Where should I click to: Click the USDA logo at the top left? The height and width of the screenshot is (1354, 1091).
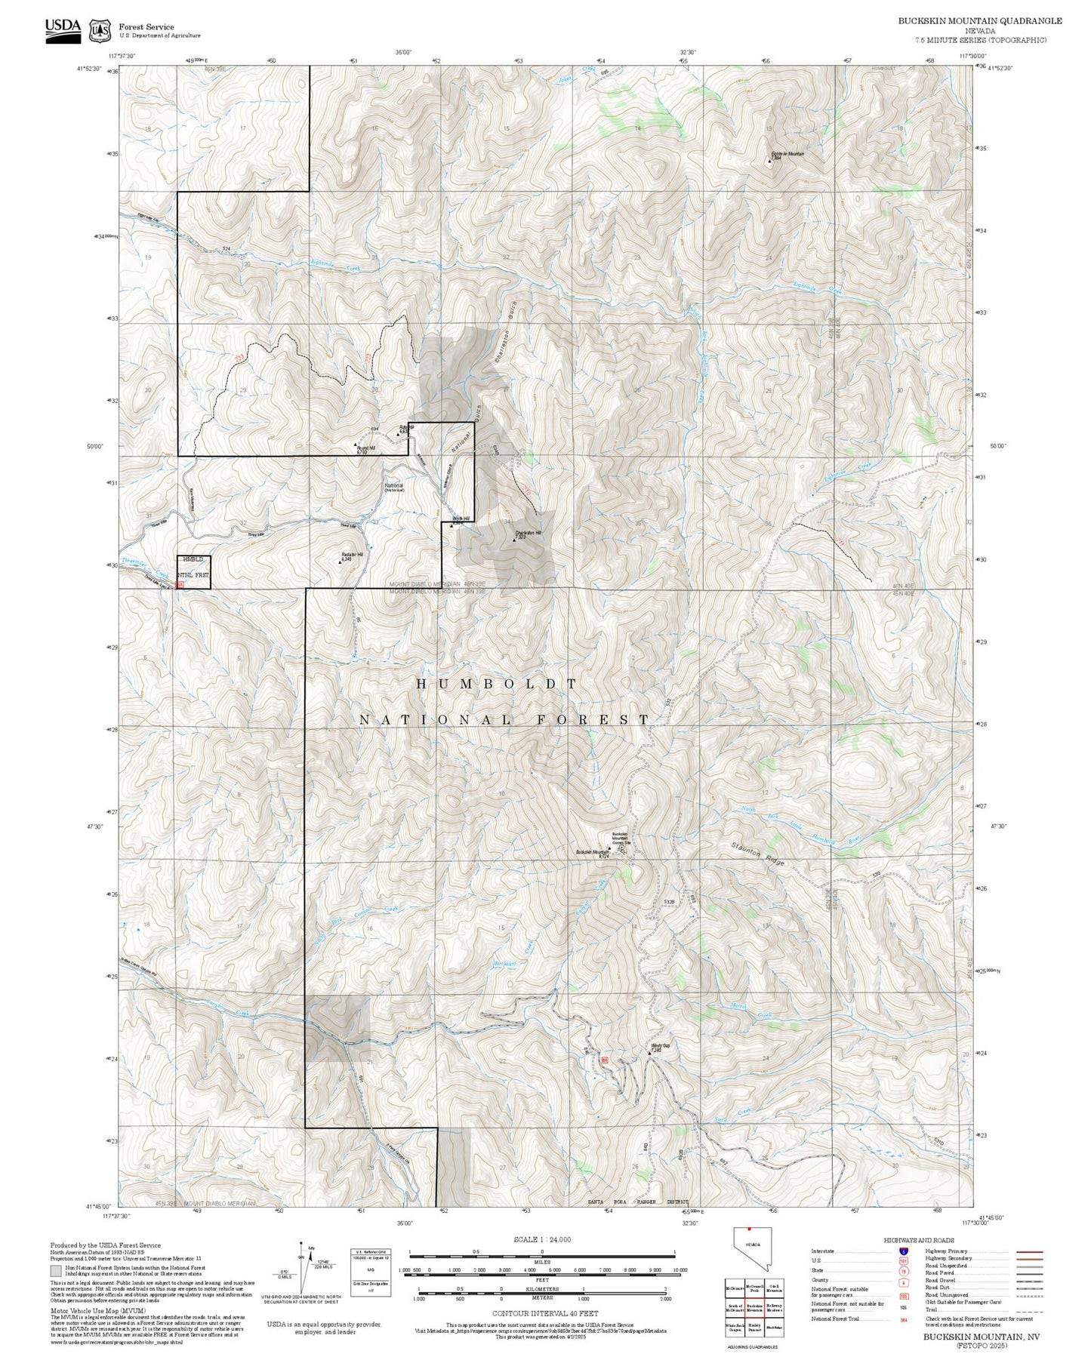tap(63, 30)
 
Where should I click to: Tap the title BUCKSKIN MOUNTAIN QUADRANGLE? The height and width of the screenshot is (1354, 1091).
tap(979, 21)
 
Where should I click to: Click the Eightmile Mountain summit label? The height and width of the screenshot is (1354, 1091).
tap(787, 155)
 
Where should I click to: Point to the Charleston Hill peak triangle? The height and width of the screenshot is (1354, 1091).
tap(515, 540)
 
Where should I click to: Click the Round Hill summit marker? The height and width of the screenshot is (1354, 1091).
tap(356, 445)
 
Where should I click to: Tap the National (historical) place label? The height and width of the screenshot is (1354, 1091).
tap(394, 488)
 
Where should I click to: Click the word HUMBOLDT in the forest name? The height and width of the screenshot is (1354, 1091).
tap(497, 684)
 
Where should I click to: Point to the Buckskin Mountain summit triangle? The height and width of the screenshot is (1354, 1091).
tap(609, 848)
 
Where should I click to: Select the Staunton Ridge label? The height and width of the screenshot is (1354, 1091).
tap(757, 853)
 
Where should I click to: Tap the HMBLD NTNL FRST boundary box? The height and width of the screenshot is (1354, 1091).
tap(193, 571)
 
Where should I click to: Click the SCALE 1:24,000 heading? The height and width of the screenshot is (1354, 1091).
tap(541, 1239)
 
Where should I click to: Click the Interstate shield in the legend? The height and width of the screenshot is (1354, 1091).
tap(904, 1251)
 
